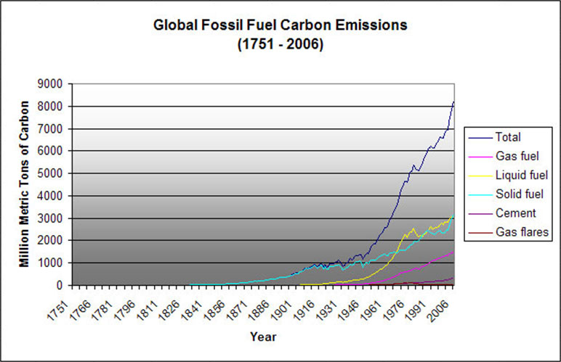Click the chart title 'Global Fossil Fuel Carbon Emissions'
pos(280,25)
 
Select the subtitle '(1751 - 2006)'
pos(280,44)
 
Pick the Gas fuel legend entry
pos(512,155)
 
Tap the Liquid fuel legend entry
pos(516,175)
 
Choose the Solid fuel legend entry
pos(515,194)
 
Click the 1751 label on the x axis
pos(63,308)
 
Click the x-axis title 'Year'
pos(263,337)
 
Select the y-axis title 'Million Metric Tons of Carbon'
pos(25,184)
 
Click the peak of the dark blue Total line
pos(453,102)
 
